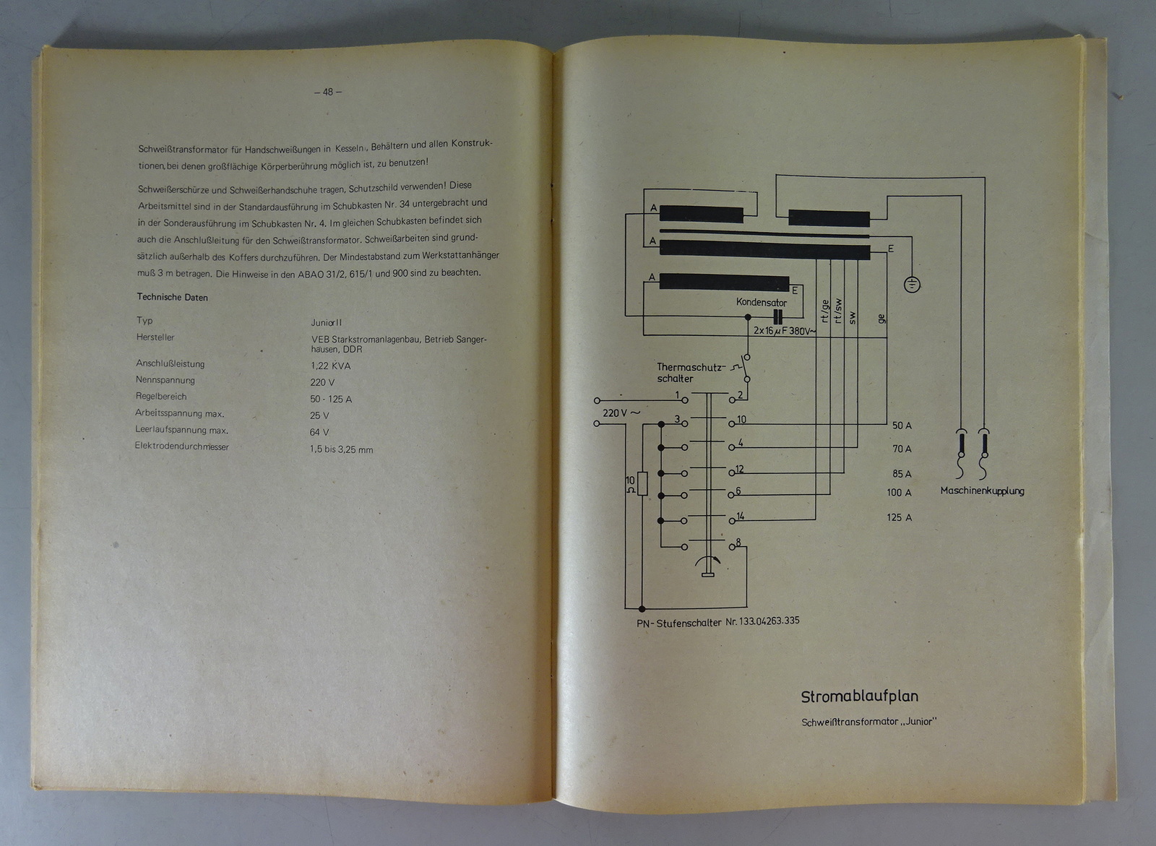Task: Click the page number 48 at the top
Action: [328, 92]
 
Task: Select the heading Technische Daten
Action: [172, 297]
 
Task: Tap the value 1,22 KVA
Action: [330, 366]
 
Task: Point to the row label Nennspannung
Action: [165, 380]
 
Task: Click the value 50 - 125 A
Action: [331, 399]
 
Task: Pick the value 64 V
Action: [319, 432]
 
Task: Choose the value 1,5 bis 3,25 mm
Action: [341, 449]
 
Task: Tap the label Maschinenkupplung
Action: [982, 491]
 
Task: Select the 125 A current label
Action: [899, 517]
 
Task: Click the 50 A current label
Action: [902, 426]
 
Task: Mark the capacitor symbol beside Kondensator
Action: [778, 317]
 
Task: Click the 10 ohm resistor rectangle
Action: [642, 483]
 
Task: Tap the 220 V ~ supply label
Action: [621, 413]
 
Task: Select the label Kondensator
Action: [762, 303]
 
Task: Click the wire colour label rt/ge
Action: [824, 311]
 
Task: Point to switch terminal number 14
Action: [741, 516]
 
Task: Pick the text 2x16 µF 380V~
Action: [785, 330]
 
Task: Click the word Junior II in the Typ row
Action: [326, 323]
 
